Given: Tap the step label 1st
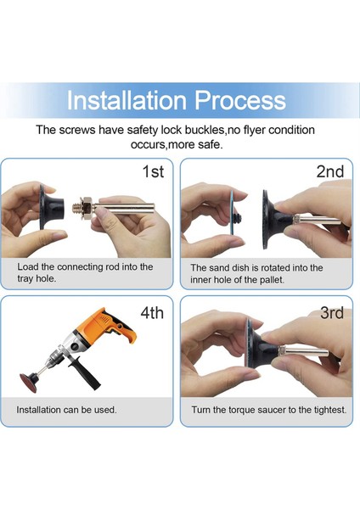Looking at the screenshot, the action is [153, 171].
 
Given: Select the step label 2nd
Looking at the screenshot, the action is [330, 171].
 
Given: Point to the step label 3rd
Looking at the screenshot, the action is [332, 312].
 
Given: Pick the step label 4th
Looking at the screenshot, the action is [152, 312].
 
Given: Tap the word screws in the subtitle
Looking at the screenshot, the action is [77, 130].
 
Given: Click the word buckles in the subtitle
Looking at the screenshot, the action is [205, 130].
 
